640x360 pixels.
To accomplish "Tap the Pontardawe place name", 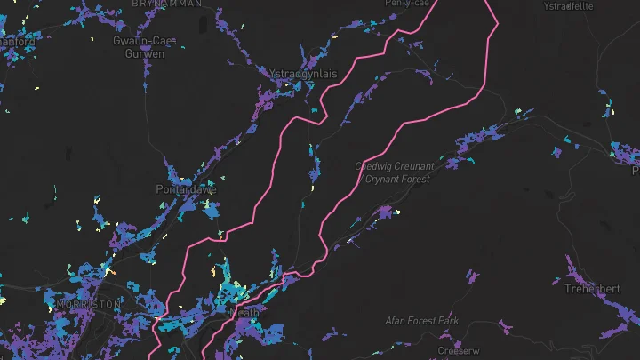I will pos(186,189).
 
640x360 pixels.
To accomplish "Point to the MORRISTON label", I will pos(88,304).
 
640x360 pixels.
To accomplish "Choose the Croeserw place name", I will pos(459,351).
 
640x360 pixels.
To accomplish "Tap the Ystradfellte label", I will pos(568,5).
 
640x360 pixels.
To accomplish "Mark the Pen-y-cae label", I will pos(405,4).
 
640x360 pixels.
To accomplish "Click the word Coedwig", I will pos(373,166).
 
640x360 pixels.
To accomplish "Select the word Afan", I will pos(396,320).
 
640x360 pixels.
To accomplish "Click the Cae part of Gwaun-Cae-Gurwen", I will pos(159,41).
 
